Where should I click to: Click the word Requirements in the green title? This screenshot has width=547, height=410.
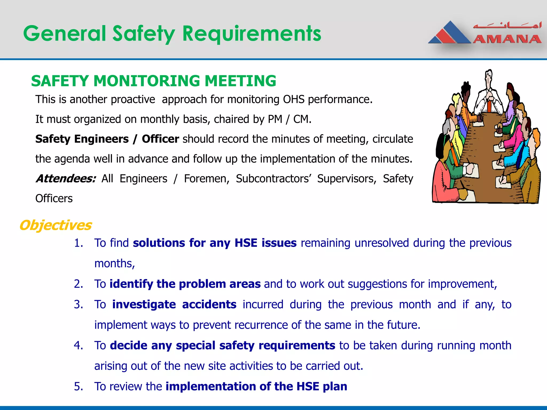252,34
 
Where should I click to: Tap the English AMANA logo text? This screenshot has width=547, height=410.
507,39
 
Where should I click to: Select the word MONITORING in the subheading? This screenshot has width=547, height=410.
146,81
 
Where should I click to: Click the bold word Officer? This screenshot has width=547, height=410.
160,139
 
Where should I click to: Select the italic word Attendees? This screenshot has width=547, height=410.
66,178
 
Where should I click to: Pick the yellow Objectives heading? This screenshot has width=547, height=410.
56,225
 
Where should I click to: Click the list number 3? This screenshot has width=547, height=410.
78,304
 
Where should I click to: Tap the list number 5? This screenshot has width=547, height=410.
78,386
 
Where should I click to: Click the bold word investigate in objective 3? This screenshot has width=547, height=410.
144,304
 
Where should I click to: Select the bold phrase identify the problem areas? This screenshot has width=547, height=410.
185,284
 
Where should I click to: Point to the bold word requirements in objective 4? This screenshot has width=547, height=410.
297,345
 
